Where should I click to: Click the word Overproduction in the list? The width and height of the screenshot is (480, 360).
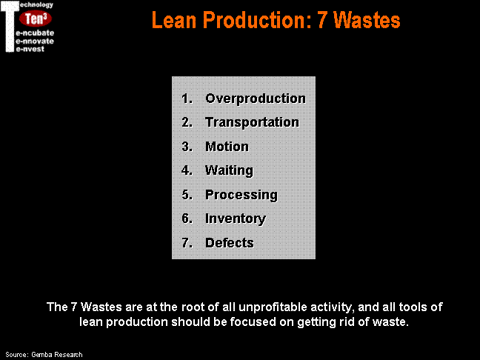256,99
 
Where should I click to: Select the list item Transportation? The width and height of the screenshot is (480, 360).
252,122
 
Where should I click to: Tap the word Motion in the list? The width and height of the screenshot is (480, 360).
227,147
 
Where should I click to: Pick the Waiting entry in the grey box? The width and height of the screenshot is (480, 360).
230,170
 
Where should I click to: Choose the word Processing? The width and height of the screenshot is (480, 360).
241,195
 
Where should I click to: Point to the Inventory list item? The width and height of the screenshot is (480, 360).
236,219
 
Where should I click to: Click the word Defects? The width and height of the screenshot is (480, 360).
230,243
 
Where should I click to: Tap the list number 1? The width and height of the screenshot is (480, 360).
187,99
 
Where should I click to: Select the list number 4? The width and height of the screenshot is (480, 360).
187,170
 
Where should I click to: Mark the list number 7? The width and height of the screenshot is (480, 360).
187,243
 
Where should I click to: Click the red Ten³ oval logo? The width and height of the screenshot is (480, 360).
36,19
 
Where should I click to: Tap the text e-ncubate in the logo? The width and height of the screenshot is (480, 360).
35,33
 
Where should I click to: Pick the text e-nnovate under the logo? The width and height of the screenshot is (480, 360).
35,41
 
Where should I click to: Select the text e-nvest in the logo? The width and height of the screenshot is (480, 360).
30,49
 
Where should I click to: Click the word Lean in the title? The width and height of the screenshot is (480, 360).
174,20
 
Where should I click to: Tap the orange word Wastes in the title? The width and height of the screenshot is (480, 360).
367,20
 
